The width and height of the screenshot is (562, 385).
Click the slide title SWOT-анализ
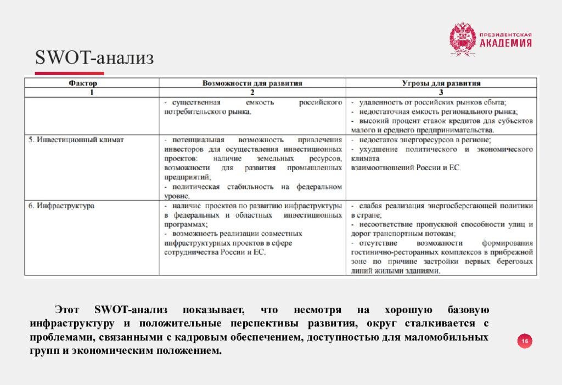click(94, 58)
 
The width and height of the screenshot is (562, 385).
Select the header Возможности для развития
click(252, 83)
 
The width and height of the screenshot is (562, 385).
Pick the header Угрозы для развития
click(441, 83)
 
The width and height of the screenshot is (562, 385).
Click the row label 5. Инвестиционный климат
click(76, 140)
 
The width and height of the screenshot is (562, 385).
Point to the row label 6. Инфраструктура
click(61, 206)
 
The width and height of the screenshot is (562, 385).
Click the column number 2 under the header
click(252, 92)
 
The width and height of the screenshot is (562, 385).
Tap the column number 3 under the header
click(441, 92)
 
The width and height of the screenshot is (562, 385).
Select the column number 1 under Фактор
click(92, 92)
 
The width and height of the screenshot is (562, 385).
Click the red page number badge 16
click(525, 342)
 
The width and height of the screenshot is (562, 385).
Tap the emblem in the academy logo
click(462, 39)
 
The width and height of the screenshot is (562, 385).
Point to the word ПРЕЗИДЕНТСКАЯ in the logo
click(505, 35)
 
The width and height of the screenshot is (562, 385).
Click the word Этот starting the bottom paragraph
click(68, 310)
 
